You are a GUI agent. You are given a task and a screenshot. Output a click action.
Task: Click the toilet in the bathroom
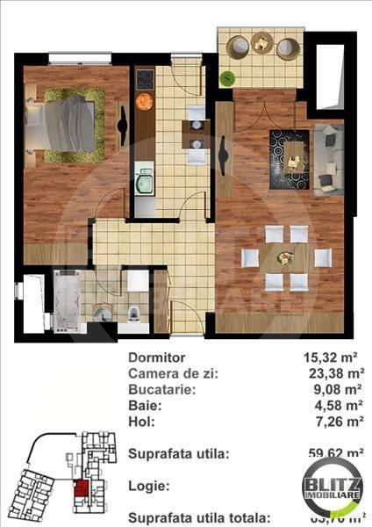(x=132, y=314)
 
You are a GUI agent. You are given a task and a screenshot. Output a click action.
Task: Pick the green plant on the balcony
(x=228, y=76)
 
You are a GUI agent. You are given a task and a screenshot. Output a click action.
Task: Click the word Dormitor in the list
(x=157, y=357)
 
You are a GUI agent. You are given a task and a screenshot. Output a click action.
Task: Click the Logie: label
(x=148, y=484)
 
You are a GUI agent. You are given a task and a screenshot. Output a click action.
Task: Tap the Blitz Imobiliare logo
(x=334, y=487)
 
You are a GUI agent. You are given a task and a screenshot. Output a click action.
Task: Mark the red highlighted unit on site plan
(x=80, y=492)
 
